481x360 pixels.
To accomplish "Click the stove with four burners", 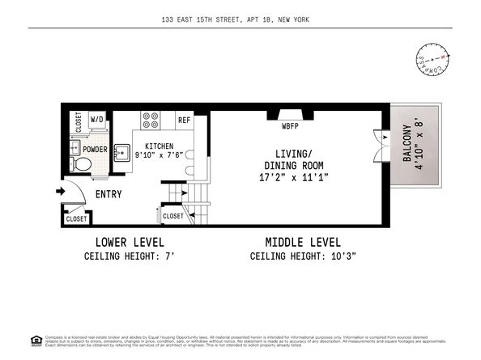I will click(151, 121).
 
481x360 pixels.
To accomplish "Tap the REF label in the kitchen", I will click(184, 120).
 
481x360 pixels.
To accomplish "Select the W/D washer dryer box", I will click(97, 120).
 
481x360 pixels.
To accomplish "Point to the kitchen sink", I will click(122, 152).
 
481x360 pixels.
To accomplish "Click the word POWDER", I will click(96, 149).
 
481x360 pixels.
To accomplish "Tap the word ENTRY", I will click(109, 194).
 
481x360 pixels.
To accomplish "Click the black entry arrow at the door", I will click(60, 192).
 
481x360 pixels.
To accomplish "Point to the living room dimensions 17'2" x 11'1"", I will click(293, 176).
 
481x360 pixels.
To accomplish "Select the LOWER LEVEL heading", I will click(130, 242).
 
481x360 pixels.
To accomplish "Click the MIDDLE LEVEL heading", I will click(303, 242).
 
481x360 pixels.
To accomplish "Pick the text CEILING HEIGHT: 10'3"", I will click(304, 256).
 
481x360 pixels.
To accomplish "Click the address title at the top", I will click(240, 19).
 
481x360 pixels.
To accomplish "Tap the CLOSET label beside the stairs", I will click(173, 216).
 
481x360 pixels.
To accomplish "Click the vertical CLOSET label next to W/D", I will click(79, 121).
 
